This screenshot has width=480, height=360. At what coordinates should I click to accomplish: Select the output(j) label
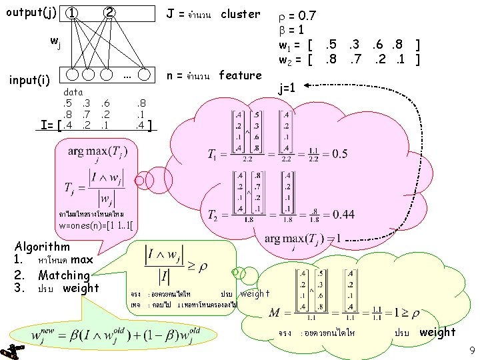(x=30, y=12)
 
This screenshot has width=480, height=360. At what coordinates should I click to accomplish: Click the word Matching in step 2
(x=63, y=275)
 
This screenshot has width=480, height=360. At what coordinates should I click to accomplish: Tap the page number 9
(x=471, y=349)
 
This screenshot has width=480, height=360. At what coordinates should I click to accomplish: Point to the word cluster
(x=241, y=14)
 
